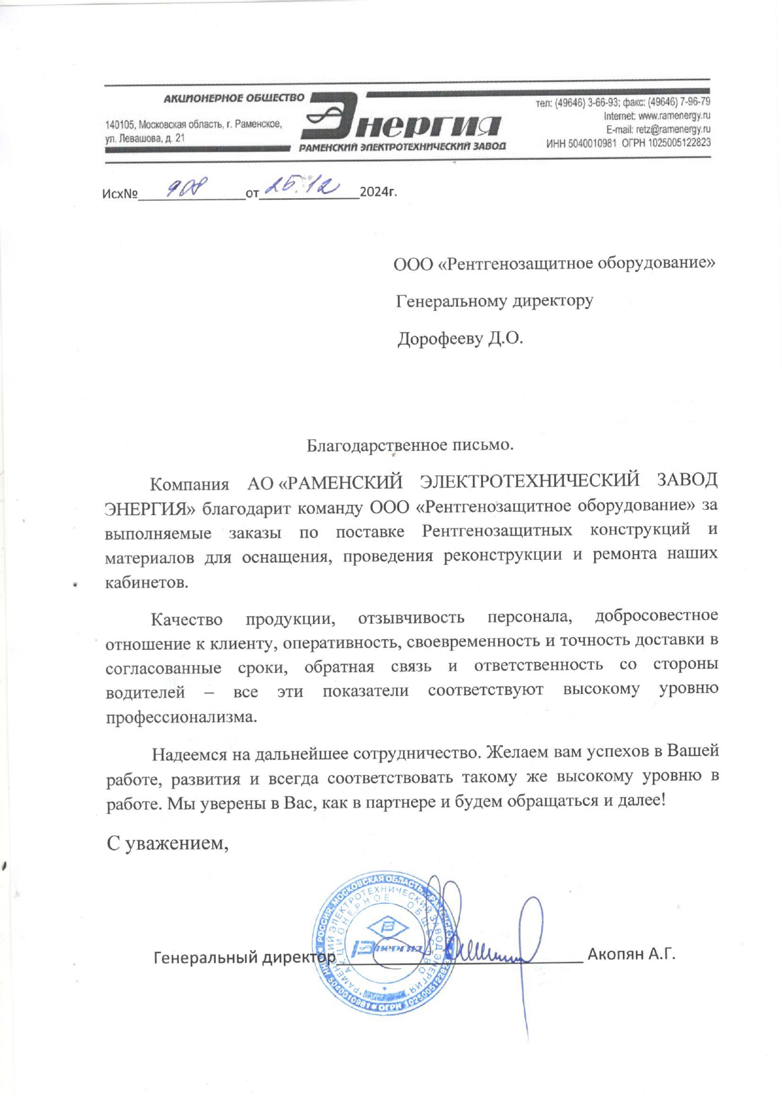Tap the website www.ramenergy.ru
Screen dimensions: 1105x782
tap(674, 116)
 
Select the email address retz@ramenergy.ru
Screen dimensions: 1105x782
tap(673, 129)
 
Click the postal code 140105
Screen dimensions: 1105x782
tap(120, 125)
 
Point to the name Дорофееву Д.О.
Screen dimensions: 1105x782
tap(460, 339)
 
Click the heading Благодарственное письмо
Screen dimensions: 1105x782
tap(410, 445)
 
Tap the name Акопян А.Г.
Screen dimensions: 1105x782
tap(631, 954)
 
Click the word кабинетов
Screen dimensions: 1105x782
tap(147, 582)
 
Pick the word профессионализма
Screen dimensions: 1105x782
tap(181, 717)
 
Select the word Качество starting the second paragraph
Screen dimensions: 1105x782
tap(186, 620)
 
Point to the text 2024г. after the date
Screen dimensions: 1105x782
tap(378, 191)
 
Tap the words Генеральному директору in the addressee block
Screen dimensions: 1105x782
tap(494, 301)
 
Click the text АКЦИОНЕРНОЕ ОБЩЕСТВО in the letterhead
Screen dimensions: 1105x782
tap(234, 98)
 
